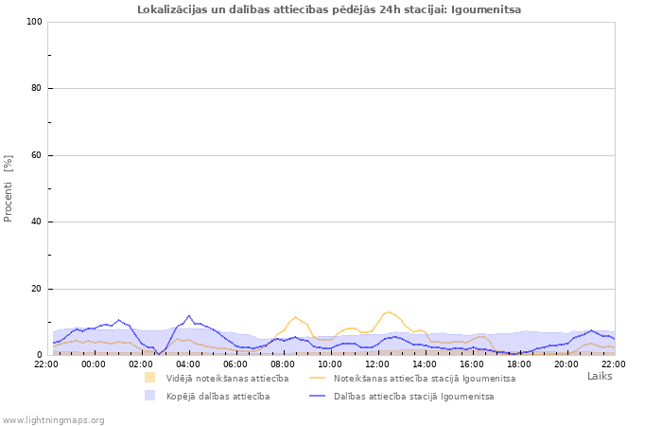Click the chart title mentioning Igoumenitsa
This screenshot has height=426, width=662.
[x=329, y=9]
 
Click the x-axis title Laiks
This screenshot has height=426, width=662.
[x=600, y=376]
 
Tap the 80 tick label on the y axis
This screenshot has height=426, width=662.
[x=36, y=89]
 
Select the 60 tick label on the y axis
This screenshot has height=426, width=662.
[x=36, y=155]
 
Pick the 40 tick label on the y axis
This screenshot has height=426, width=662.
[x=36, y=222]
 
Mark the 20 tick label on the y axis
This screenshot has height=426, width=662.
[x=36, y=289]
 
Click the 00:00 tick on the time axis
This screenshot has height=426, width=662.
[x=94, y=364]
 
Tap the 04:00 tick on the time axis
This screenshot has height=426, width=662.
[x=188, y=364]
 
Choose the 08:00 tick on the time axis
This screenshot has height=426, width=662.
[x=283, y=364]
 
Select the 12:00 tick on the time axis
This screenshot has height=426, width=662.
[x=377, y=364]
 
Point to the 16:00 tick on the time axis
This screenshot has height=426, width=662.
[x=472, y=364]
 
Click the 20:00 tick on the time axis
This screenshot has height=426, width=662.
[x=566, y=364]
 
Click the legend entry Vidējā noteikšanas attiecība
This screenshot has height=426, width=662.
[x=227, y=378]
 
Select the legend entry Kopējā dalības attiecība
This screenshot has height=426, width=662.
[x=218, y=396]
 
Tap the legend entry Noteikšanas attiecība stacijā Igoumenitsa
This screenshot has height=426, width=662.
[x=425, y=378]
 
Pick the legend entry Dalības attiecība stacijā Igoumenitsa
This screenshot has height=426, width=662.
[x=413, y=396]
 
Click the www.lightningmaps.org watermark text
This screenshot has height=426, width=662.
[x=54, y=419]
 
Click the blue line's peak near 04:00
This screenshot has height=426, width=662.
[x=189, y=315]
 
